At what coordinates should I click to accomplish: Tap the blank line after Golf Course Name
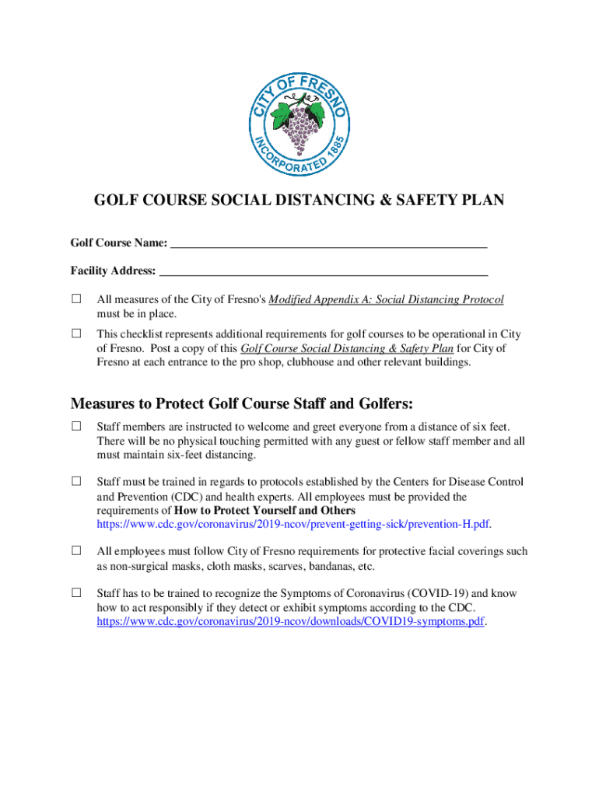(328, 243)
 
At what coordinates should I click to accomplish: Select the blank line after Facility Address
(323, 272)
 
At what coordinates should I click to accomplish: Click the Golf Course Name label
(118, 243)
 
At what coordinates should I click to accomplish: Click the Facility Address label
(113, 272)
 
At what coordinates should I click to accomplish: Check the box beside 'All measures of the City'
(76, 298)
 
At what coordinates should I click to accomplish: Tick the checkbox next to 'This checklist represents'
(76, 333)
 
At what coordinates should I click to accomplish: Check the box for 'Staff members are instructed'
(76, 426)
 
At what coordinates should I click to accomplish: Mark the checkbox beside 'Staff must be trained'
(76, 481)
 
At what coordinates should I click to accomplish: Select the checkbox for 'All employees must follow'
(76, 550)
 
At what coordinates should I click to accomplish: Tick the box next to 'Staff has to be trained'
(76, 592)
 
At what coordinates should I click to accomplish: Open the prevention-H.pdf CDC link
(293, 525)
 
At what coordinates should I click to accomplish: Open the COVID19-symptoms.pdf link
(290, 622)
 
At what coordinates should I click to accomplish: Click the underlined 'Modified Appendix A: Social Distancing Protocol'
(386, 299)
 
